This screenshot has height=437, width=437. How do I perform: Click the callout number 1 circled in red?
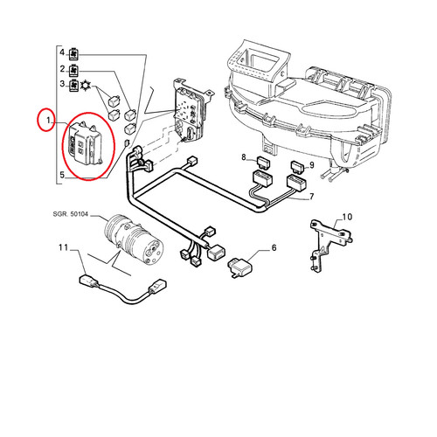[x=49, y=120]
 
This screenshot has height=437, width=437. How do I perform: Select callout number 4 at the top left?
[x=62, y=52]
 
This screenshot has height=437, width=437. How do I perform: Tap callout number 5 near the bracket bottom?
[x=62, y=175]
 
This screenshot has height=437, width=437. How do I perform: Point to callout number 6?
[x=274, y=247]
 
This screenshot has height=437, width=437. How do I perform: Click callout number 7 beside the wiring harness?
[x=311, y=197]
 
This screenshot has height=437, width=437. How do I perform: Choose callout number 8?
[x=244, y=157]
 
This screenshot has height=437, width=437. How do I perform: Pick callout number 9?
[x=312, y=165]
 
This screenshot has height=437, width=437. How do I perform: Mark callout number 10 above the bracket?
[x=347, y=217]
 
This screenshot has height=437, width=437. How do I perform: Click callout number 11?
[x=63, y=247]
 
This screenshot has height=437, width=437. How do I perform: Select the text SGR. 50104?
[x=70, y=214]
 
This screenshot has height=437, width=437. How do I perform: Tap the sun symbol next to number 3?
[x=86, y=85]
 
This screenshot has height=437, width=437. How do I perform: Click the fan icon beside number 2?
[x=73, y=70]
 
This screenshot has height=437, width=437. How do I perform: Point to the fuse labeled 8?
[x=262, y=162]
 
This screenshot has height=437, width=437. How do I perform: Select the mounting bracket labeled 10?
[x=330, y=246]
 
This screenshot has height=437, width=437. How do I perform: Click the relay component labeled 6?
[x=239, y=267]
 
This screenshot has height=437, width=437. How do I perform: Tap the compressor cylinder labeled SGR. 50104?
[x=134, y=239]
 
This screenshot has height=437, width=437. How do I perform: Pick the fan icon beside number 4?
[x=73, y=53]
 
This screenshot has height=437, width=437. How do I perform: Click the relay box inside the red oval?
[x=84, y=143]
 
